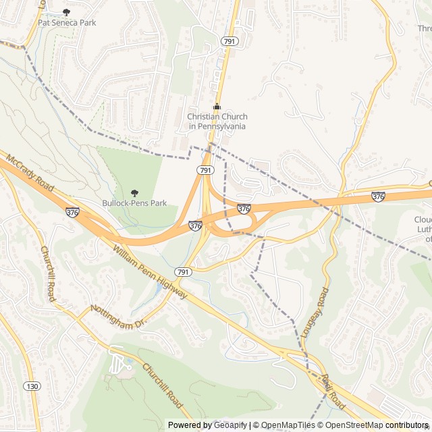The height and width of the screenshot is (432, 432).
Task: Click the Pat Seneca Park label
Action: pyautogui.click(x=67, y=23)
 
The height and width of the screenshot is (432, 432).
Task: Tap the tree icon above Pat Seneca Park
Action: pyautogui.click(x=66, y=12)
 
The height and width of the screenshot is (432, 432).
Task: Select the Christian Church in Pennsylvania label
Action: pyautogui.click(x=217, y=122)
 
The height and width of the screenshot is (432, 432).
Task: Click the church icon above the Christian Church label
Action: pyautogui.click(x=217, y=107)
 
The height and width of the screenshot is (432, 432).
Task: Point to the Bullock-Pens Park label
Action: pyautogui.click(x=134, y=202)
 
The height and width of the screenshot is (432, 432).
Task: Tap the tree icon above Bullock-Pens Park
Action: pyautogui.click(x=134, y=192)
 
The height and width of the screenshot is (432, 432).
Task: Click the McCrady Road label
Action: pyautogui.click(x=30, y=172)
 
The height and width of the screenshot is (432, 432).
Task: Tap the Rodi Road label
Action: pyautogui.click(x=333, y=392)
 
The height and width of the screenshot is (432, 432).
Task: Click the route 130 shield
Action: pyautogui.click(x=31, y=386)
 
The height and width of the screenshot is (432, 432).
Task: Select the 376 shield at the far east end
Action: pyautogui.click(x=378, y=196)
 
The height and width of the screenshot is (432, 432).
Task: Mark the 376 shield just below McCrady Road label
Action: pyautogui.click(x=72, y=212)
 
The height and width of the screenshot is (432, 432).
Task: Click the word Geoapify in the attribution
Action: pyautogui.click(x=230, y=425)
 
